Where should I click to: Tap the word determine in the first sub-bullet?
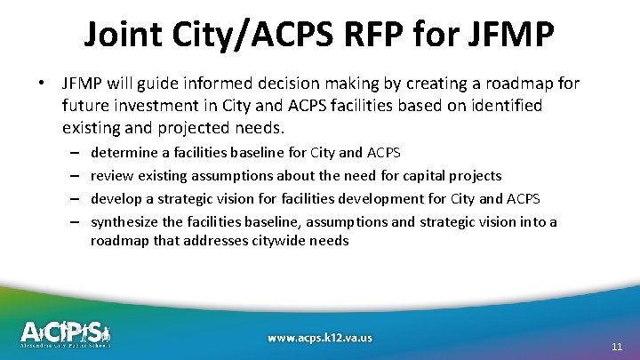[x=125, y=153]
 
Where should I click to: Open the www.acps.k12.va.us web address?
[x=320, y=338]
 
